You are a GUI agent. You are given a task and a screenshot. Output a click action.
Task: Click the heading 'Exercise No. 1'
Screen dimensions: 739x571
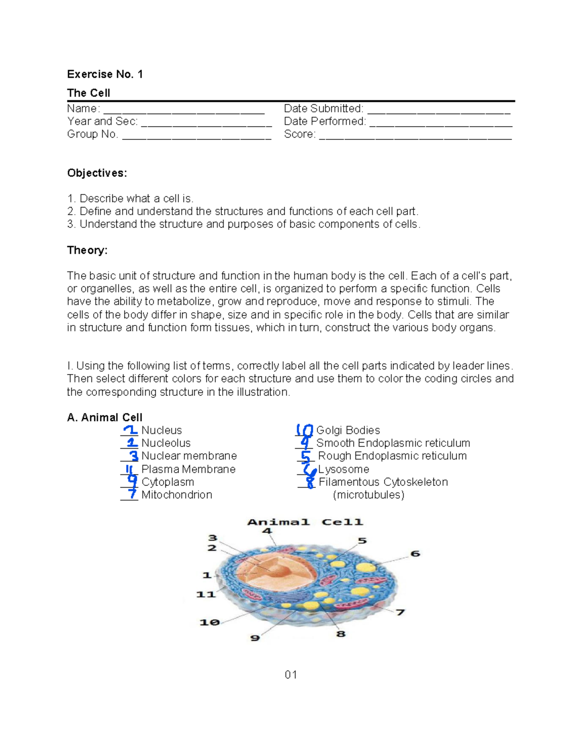[x=105, y=74]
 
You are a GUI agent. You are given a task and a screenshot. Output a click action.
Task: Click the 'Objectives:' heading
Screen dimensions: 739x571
[x=97, y=173]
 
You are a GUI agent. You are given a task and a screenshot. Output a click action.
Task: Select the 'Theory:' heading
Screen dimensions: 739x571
[x=87, y=250]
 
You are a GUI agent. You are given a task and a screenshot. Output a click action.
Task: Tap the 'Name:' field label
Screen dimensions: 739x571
[x=83, y=108]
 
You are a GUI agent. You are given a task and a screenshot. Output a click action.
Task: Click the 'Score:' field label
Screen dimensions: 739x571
[x=300, y=134]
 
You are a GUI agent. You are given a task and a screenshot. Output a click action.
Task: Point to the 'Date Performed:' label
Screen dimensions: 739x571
[x=325, y=121]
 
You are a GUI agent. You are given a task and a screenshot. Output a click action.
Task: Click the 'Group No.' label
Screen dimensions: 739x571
[x=92, y=134]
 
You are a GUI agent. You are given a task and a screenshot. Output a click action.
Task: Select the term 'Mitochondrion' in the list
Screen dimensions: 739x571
[x=177, y=495]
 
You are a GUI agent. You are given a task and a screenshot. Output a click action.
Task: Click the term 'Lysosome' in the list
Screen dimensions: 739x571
[x=344, y=469]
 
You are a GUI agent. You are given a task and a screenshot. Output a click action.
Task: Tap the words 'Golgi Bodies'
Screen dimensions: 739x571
[x=348, y=430]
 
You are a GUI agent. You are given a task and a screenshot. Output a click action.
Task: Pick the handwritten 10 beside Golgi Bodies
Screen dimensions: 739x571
[x=304, y=430]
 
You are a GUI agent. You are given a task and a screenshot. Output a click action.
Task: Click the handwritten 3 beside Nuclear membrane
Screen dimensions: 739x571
[x=134, y=456]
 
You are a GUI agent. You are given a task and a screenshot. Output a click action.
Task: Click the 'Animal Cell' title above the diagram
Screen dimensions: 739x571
[x=305, y=522]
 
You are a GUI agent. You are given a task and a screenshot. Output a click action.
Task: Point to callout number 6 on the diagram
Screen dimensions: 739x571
[x=415, y=553]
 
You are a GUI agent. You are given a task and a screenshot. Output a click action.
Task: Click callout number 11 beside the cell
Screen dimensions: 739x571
[x=206, y=594]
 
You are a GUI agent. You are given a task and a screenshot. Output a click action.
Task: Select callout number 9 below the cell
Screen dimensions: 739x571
[x=255, y=638]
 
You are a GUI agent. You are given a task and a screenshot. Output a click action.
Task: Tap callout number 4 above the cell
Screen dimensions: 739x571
[x=266, y=531]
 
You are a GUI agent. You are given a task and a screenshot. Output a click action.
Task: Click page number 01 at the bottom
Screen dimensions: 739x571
[x=291, y=675]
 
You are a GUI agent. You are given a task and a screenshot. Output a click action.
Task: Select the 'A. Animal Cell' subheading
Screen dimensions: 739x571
[x=105, y=417]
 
